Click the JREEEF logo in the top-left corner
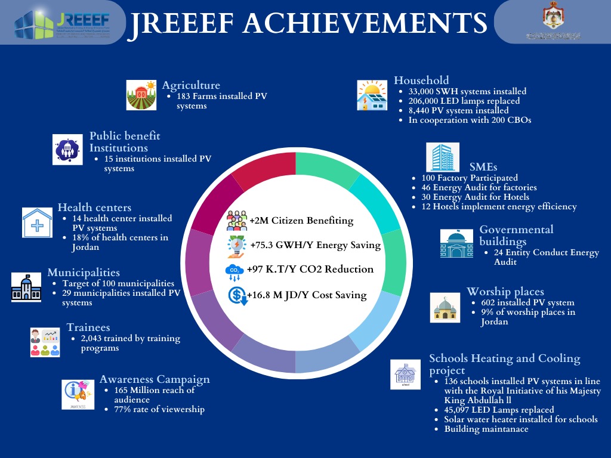point(62,22)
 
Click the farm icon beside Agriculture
point(141,95)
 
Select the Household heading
point(421,80)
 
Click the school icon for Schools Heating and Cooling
point(406,375)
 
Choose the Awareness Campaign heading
point(155,379)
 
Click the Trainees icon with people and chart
point(45,342)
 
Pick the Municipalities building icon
point(26,287)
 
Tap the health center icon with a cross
point(37,223)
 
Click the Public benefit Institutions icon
point(67,148)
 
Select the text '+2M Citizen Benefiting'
point(301,221)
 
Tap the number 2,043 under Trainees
point(94,339)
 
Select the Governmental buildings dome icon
point(456,244)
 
